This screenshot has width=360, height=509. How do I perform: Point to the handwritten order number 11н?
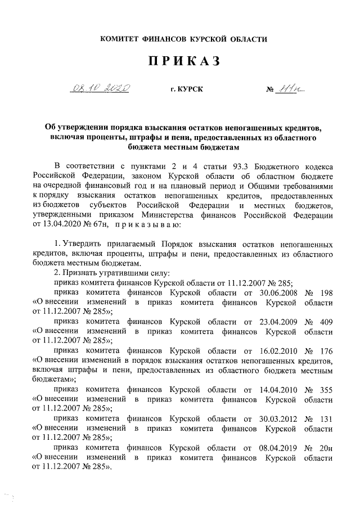291,88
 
